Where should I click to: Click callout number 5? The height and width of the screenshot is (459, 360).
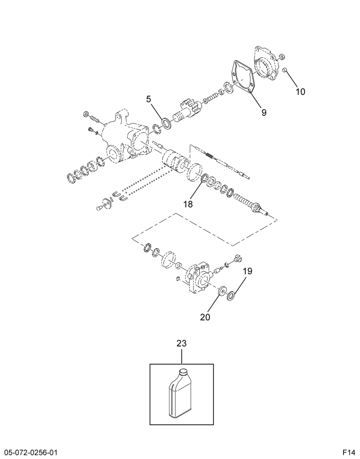coord(149,99)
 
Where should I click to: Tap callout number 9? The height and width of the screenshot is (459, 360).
coord(264,112)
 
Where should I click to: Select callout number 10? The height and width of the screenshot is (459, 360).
coord(300,92)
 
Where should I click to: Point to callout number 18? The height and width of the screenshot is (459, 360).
coord(188,204)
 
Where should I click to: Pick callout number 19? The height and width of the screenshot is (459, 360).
coord(247,271)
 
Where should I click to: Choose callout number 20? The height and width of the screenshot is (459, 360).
coord(205,317)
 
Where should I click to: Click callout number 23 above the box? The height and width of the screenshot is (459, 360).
coord(181,343)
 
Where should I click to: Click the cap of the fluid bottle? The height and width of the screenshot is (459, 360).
coord(184,371)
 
